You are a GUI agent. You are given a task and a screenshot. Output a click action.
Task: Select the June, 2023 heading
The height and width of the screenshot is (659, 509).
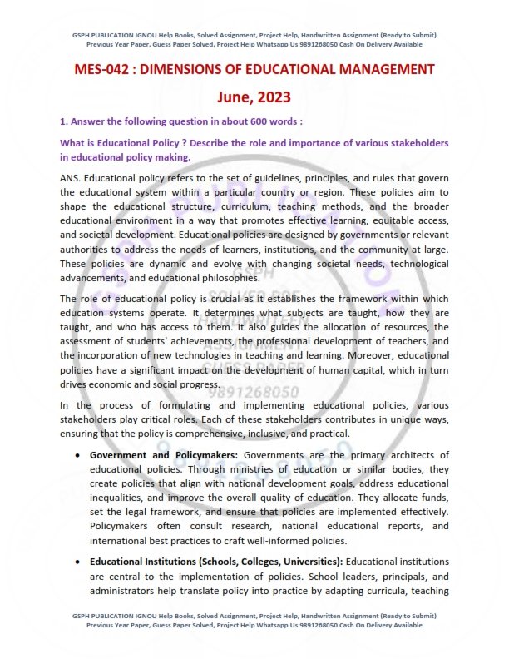tap(254, 98)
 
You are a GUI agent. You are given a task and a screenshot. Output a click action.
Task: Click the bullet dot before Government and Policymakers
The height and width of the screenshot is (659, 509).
tap(77, 455)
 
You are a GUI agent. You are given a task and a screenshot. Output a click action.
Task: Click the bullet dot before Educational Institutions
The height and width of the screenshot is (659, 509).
tap(77, 562)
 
